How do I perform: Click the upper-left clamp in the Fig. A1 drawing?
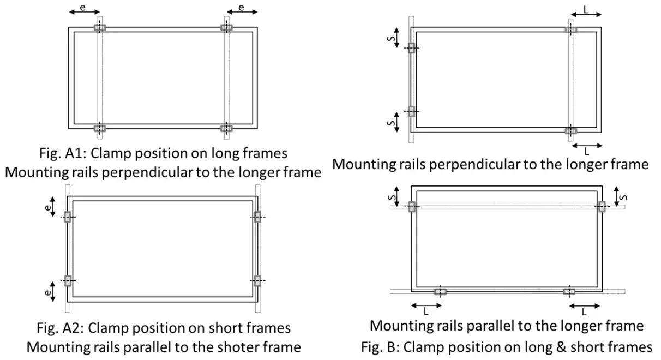tap(100, 27)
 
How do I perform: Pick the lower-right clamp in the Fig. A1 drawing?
tap(226, 129)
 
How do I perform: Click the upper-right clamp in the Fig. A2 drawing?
tap(257, 217)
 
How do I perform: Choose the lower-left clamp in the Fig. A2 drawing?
tap(68, 281)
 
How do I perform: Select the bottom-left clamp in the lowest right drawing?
tap(440, 291)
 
